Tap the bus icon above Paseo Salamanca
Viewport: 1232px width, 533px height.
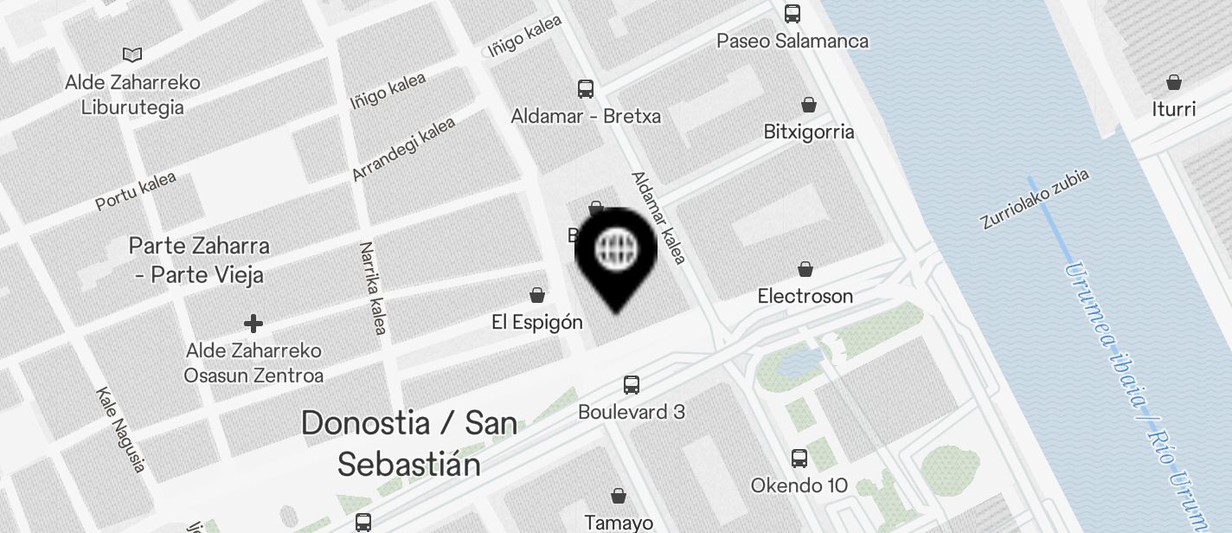(x=792, y=14)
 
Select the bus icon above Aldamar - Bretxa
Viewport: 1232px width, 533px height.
(x=586, y=88)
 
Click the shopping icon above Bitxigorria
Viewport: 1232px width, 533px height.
(x=809, y=105)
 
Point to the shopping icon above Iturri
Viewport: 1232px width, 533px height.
(x=1174, y=82)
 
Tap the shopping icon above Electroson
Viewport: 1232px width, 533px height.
(x=805, y=269)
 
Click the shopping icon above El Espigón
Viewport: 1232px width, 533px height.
(x=537, y=295)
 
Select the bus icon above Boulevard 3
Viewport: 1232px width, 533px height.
(x=632, y=385)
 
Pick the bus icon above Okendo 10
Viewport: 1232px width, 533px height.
(x=799, y=459)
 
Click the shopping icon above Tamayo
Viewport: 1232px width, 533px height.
(x=619, y=496)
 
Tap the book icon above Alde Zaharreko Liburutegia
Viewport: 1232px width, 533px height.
(x=132, y=55)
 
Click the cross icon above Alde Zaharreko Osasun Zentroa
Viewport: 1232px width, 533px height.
(x=253, y=324)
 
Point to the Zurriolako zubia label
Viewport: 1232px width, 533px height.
(x=1034, y=199)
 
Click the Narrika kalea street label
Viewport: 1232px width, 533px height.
(x=373, y=288)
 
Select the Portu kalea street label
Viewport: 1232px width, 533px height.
(x=136, y=191)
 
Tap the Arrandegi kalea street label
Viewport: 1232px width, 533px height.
(x=403, y=149)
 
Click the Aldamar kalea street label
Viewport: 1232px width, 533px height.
(x=658, y=217)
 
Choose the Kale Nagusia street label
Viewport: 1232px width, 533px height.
(x=120, y=429)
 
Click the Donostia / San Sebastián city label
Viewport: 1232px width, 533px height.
(x=408, y=443)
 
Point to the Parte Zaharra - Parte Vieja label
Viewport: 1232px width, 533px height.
(x=199, y=260)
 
